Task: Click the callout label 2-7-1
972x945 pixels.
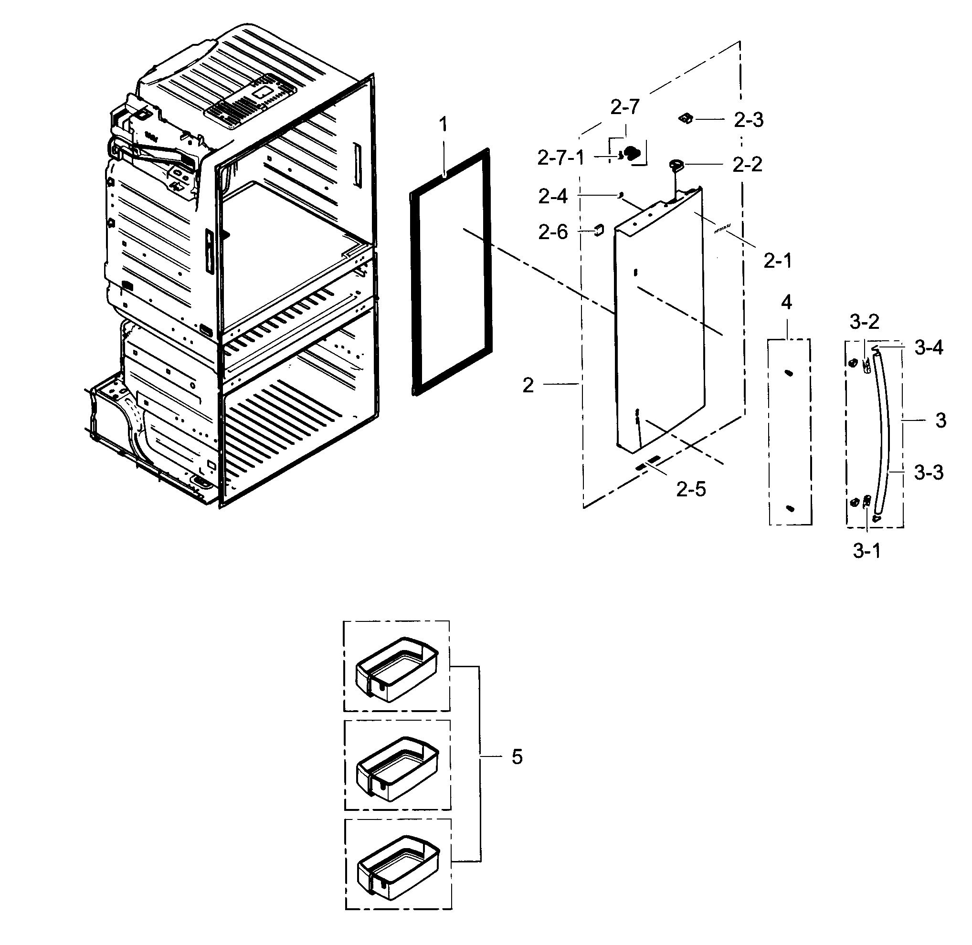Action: point(560,159)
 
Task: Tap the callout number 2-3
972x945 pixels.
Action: point(748,120)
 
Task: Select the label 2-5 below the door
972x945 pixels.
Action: point(690,489)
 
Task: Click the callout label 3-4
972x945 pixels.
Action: point(928,348)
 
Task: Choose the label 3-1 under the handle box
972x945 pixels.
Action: point(867,551)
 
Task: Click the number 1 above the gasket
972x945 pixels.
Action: point(444,124)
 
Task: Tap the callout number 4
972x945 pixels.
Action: point(786,302)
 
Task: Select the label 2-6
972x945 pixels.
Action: point(553,232)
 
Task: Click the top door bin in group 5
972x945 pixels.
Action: point(397,670)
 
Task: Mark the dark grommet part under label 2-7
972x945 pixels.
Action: point(632,152)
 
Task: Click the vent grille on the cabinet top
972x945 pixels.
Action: point(236,106)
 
